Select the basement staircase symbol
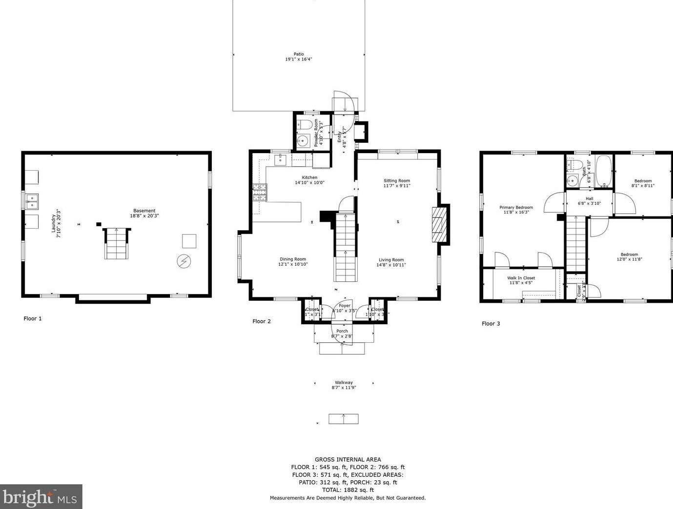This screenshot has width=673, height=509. pos(116,244)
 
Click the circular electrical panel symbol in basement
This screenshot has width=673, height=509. pos(184,261)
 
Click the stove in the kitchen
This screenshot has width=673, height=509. pos(260,192)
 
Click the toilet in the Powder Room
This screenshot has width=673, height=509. pos(306,123)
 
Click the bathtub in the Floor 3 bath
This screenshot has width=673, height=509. pos(604,172)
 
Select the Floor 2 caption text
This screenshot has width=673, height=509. pos(261,321)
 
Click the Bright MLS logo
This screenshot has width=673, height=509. pos(41,497)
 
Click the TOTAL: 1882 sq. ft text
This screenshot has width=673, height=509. pos(347,490)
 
